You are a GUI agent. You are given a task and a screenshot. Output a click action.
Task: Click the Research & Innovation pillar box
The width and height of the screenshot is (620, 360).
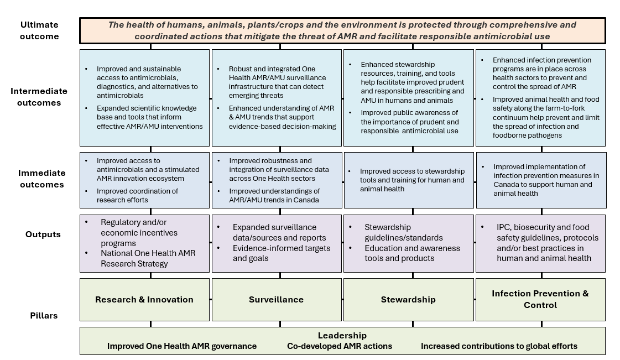[x=144, y=300]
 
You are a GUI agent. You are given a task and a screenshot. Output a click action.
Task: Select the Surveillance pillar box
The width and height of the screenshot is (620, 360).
[x=276, y=300]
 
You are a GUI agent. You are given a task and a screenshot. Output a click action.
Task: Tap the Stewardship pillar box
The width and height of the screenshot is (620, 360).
[x=408, y=300]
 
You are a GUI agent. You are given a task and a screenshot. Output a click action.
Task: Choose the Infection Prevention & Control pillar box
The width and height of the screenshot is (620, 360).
[x=540, y=299]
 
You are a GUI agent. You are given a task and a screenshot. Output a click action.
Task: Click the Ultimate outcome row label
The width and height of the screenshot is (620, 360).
[x=39, y=30]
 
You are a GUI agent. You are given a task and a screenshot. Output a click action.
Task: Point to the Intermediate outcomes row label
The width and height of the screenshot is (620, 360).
[x=39, y=97]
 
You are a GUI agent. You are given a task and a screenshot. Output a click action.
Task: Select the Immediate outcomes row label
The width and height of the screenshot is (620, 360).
[x=41, y=179]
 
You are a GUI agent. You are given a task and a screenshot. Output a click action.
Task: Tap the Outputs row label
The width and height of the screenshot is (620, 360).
[x=43, y=234]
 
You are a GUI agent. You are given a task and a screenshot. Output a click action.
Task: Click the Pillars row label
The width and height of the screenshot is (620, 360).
[x=43, y=316]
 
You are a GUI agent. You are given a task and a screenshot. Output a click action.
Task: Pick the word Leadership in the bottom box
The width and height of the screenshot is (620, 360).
[x=342, y=336]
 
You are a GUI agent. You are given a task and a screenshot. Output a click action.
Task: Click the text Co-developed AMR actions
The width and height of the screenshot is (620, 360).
[x=340, y=346]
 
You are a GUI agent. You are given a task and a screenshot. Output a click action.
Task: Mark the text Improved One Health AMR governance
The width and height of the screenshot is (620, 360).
[x=182, y=346]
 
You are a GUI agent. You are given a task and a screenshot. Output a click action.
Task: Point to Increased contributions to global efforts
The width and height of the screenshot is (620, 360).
[x=499, y=346]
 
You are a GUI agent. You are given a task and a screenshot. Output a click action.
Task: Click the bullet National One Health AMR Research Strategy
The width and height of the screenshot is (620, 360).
[x=148, y=258]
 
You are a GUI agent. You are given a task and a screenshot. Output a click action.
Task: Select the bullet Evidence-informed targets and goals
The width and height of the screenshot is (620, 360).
[x=281, y=253]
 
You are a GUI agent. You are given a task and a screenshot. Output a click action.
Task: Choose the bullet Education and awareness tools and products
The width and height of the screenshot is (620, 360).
[x=412, y=253]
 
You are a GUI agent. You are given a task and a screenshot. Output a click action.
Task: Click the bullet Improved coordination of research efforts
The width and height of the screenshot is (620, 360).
[x=137, y=195]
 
